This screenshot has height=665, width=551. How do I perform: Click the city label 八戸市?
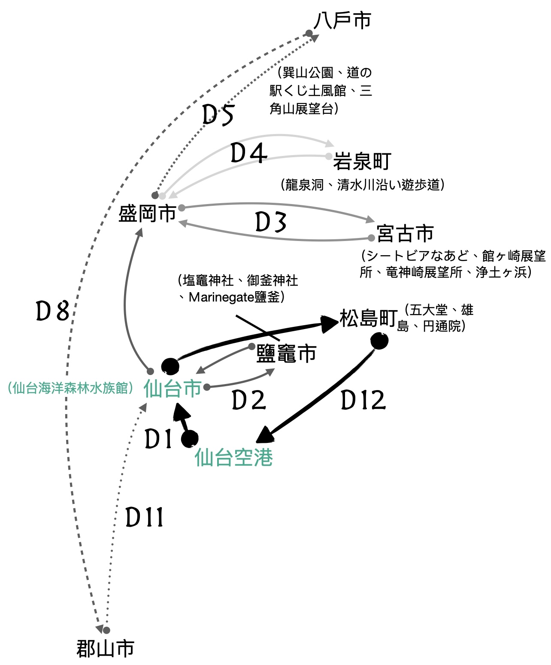click(342, 21)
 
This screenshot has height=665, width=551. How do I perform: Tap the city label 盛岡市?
click(147, 214)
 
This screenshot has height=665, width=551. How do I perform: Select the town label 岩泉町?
click(362, 162)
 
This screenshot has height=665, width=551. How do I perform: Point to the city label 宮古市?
click(405, 234)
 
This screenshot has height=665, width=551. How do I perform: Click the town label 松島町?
click(368, 319)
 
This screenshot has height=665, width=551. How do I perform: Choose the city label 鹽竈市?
click(286, 354)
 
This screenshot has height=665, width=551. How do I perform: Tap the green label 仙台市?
click(173, 389)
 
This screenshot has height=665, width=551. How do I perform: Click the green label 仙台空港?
click(234, 457)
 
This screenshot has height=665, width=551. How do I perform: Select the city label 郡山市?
click(105, 649)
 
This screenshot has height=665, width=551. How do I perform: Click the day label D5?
click(218, 115)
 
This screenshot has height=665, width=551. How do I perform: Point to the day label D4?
click(249, 153)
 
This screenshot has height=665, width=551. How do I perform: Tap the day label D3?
click(271, 223)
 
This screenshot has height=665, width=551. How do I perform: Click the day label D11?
click(145, 517)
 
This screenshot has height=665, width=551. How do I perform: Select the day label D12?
click(363, 400)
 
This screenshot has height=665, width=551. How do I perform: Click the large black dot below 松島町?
click(379, 341)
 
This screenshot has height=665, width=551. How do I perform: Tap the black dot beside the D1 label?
click(190, 439)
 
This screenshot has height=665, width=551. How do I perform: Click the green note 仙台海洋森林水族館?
click(71, 388)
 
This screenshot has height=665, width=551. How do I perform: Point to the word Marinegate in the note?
click(221, 297)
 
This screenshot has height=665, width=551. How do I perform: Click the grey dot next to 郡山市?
click(106, 630)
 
